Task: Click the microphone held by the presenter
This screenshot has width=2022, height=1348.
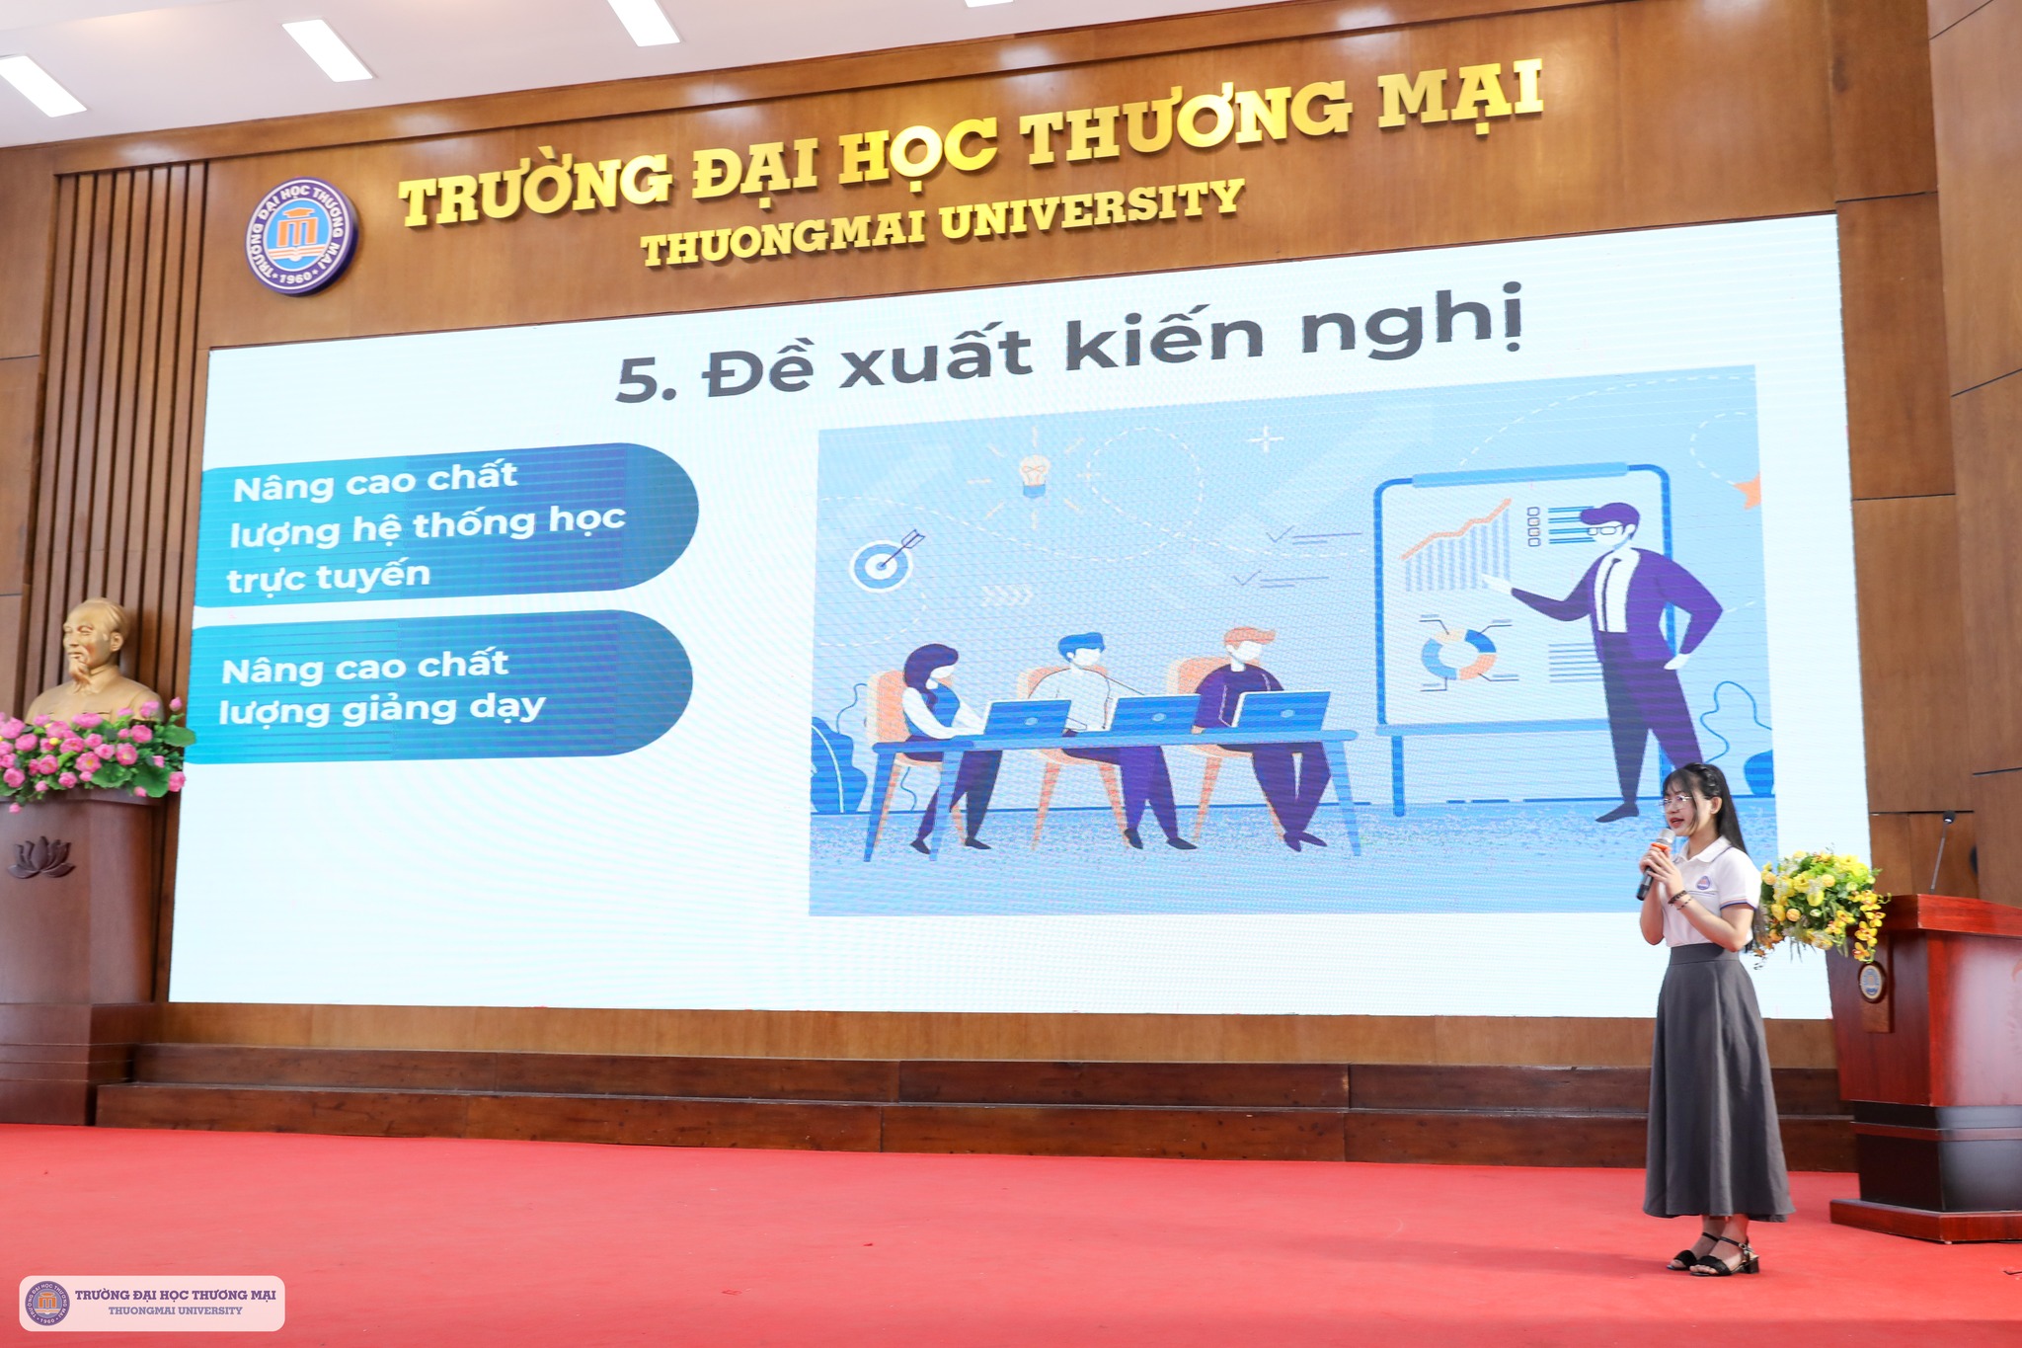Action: point(1656,863)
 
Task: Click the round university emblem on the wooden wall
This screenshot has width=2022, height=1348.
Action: point(300,237)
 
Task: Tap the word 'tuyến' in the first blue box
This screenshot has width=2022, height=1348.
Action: point(382,574)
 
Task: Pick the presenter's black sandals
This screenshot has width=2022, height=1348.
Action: point(1715,1254)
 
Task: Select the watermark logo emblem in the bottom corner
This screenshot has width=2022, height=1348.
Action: point(47,1303)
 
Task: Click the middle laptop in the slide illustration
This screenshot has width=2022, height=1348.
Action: point(1154,713)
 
